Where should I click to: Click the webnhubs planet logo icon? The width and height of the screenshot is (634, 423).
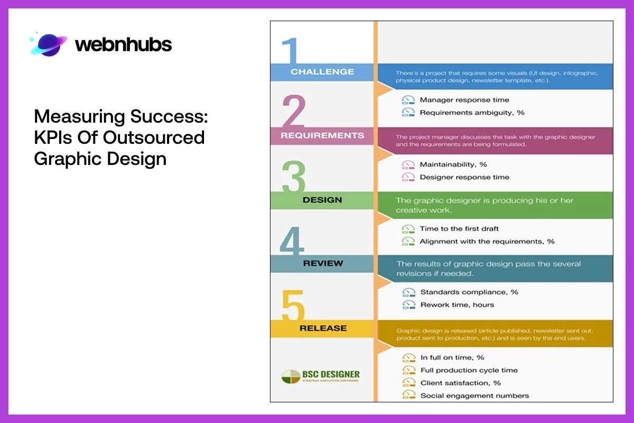click(49, 44)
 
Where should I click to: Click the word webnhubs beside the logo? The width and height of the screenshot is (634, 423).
click(123, 45)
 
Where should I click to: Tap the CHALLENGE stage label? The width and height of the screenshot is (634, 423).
click(322, 72)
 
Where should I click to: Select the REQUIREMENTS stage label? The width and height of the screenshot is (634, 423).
click(322, 135)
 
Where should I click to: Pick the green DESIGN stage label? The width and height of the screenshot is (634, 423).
click(322, 200)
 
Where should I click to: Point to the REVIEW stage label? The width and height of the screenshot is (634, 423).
click(323, 263)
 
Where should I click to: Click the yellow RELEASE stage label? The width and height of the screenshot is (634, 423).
click(323, 328)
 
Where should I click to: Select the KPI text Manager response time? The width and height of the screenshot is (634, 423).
click(464, 100)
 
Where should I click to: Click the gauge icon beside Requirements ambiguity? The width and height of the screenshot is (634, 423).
click(408, 113)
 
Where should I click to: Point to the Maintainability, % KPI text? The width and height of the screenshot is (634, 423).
click(453, 164)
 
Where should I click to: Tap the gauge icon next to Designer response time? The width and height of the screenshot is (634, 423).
click(408, 177)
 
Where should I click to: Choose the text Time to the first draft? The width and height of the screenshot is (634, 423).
click(459, 228)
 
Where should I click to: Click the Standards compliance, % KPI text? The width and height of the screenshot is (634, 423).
click(469, 292)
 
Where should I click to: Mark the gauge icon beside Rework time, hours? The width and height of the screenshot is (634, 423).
click(408, 305)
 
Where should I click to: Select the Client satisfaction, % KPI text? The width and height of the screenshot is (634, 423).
click(460, 383)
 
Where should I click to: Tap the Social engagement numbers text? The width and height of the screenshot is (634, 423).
click(474, 396)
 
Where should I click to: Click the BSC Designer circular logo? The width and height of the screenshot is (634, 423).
click(290, 376)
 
